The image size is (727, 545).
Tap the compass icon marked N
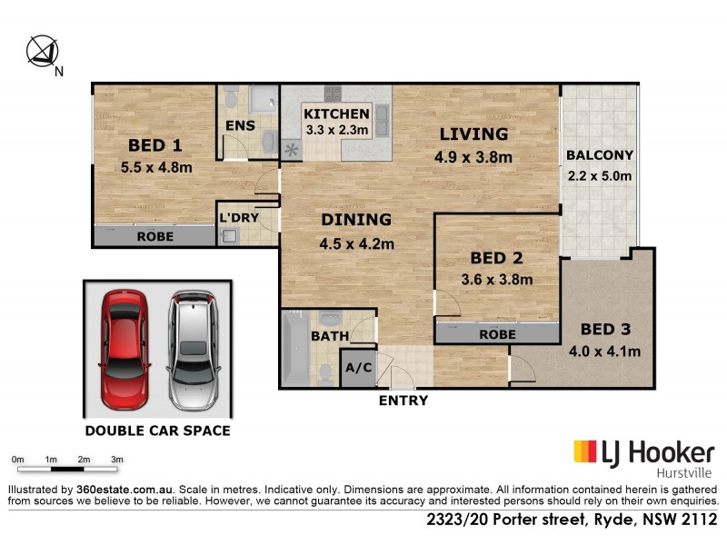tap(42, 51)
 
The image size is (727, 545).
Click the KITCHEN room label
tap(337, 114)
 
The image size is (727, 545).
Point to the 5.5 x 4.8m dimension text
tap(156, 167)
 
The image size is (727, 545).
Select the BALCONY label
tap(600, 155)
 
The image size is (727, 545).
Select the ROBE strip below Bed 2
tap(498, 334)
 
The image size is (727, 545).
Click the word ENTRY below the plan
tap(403, 400)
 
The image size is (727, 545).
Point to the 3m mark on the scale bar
tap(117, 461)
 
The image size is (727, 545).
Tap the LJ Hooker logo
tap(643, 451)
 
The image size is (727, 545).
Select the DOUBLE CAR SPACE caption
tap(156, 431)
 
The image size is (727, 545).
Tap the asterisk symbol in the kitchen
tap(293, 150)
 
